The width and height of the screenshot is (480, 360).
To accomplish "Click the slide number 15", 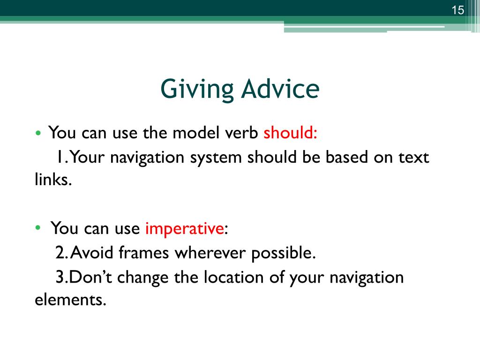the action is coord(457,10).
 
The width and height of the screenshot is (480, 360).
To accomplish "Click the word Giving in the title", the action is coord(197,89).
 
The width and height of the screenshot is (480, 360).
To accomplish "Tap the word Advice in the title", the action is coord(280,88).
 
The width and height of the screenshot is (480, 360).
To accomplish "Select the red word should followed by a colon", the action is coord(290,133).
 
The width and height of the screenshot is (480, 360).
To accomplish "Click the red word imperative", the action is coord(185,229).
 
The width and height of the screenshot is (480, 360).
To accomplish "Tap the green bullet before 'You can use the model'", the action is coord(38,133).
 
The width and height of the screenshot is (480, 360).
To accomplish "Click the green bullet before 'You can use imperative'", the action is coord(38,227).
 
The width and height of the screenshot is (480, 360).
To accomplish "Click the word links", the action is coord(53,179).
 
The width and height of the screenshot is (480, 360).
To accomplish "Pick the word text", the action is coord(413,157).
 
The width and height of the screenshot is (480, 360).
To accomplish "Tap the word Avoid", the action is coord(92,253).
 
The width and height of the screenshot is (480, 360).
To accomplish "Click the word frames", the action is coord(143,253).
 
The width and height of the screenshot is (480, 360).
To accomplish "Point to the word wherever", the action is coord(210,253).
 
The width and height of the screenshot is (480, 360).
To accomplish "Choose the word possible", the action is coord(283,254).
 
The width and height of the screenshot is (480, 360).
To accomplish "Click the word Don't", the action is coord(90,277).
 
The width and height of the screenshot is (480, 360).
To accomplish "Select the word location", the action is coord(233,277).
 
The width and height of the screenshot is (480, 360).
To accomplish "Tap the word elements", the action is coord(70,300).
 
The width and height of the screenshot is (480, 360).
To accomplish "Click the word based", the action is coord(347,157).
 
